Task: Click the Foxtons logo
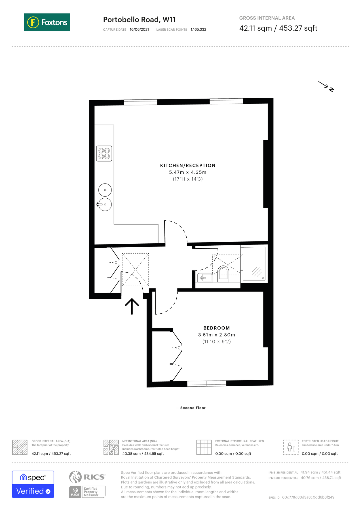[47, 22]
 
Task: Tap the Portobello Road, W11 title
[139, 20]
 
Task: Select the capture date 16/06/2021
[139, 29]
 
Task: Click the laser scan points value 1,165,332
[198, 29]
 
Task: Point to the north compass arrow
[326, 86]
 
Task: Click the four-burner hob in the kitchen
[104, 153]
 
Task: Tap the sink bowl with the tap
[105, 204]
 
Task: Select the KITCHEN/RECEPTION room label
[188, 165]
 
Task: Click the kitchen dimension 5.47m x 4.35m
[188, 172]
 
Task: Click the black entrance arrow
[132, 306]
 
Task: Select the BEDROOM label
[217, 328]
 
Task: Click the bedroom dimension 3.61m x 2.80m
[217, 335]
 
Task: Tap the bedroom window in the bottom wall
[207, 384]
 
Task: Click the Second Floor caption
[193, 408]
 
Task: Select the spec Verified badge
[33, 484]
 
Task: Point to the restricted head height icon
[291, 447]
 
